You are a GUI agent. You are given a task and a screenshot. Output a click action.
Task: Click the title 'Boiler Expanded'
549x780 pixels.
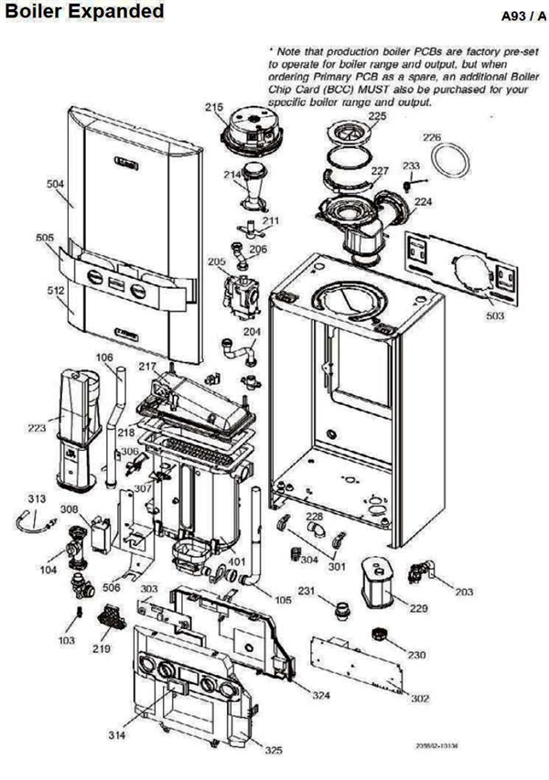tap(83, 12)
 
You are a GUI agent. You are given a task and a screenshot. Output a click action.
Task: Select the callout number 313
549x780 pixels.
tap(36, 498)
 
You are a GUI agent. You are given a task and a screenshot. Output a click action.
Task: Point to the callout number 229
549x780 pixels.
tap(417, 608)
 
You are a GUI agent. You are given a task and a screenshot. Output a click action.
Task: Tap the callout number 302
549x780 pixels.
tap(420, 698)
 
